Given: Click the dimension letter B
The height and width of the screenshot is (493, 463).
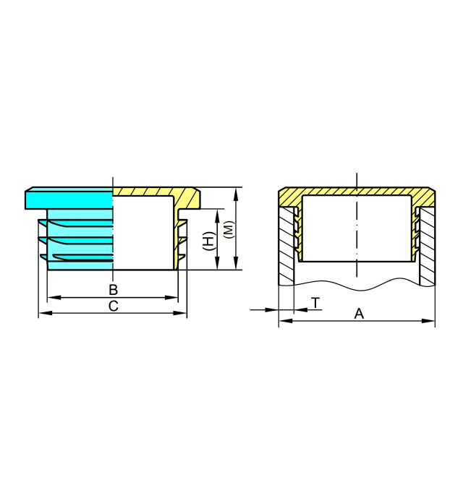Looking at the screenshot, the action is (x=114, y=290).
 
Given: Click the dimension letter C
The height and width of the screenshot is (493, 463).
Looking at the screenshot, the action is (x=114, y=306).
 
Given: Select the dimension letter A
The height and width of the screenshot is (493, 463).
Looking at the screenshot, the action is (x=359, y=314).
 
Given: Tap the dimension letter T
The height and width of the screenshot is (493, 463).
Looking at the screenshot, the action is (x=315, y=303).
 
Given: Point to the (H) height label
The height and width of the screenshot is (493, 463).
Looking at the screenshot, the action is (x=208, y=241).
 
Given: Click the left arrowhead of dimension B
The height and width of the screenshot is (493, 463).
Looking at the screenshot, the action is (x=54, y=297).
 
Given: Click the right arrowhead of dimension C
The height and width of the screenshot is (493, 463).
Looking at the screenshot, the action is (x=180, y=313).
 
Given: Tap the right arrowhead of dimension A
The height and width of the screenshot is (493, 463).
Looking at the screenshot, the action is (x=428, y=321).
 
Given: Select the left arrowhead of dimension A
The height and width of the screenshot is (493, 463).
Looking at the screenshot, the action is (x=286, y=321).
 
